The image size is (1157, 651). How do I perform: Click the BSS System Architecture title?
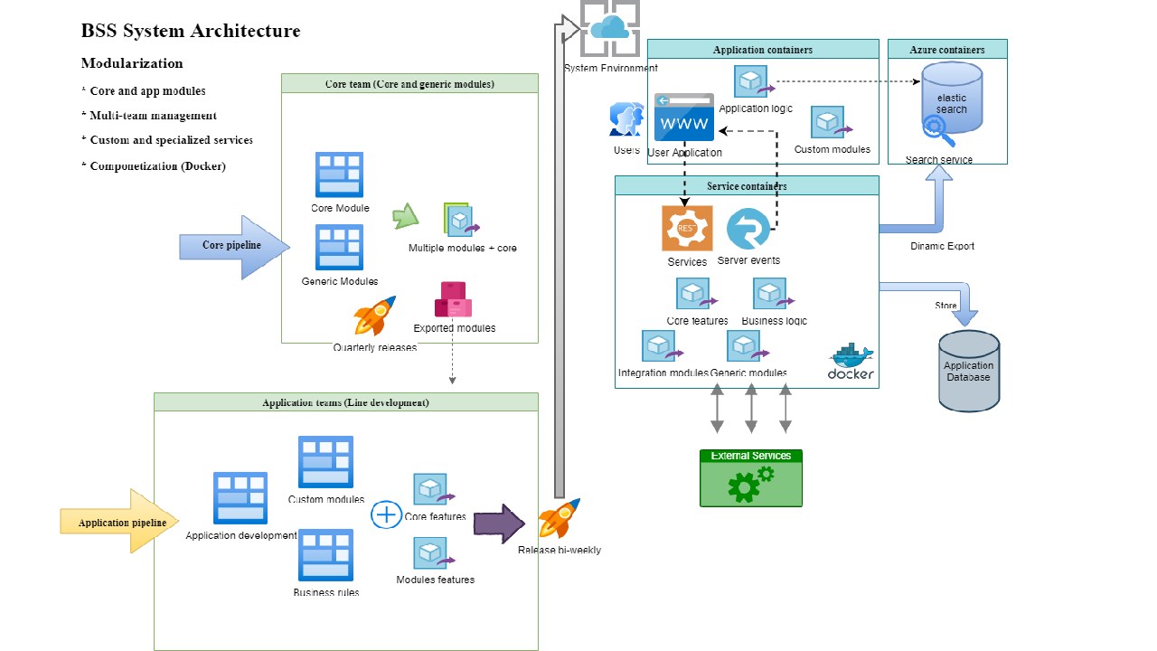[191, 31]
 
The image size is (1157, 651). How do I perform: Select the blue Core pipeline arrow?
[234, 246]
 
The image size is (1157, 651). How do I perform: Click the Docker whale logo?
[851, 361]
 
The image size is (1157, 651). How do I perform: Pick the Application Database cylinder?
[969, 371]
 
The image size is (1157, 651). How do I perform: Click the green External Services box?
[750, 478]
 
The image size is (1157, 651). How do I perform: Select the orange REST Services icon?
[687, 228]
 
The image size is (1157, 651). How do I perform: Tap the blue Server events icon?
[748, 229]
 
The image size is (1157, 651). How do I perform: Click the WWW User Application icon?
[684, 118]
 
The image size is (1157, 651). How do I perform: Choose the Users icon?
[626, 120]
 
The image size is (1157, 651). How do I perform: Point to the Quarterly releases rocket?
[375, 316]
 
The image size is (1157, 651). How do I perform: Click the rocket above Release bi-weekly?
[560, 519]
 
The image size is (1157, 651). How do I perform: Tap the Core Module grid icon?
[339, 175]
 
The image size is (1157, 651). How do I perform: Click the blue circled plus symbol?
[386, 515]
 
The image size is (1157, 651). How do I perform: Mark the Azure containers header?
[947, 50]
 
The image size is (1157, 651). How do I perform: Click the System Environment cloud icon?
[610, 29]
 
